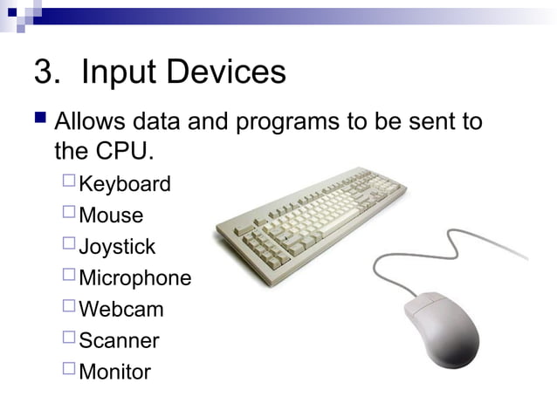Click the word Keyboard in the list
[124, 184]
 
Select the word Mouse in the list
[111, 215]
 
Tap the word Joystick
[117, 247]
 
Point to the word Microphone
[134, 278]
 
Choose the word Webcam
[120, 309]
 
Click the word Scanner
[119, 340]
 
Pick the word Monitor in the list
[114, 372]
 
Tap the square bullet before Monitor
[69, 370]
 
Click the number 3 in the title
[44, 72]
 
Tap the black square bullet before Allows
[41, 118]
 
